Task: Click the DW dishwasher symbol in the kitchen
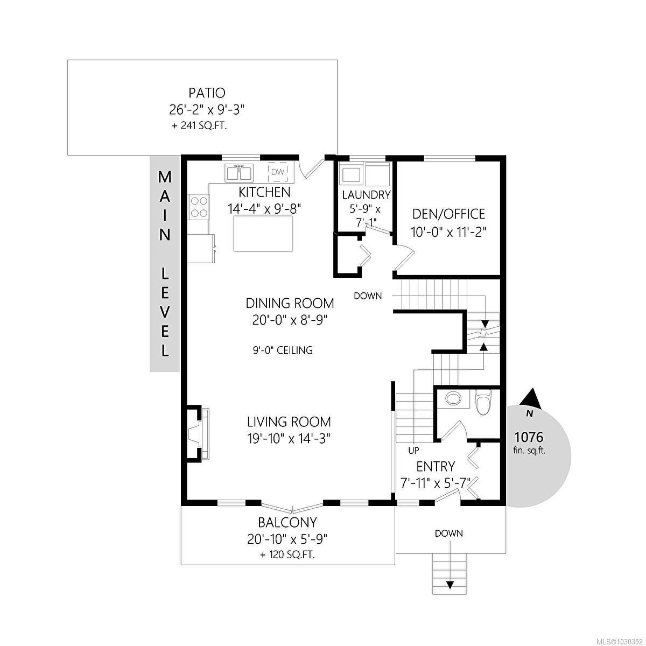coord(277,172)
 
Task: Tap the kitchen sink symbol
coord(238,173)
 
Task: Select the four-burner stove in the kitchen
coord(199,206)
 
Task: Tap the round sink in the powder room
coord(454,399)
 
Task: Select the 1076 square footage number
coord(529,437)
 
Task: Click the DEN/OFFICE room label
coord(448,214)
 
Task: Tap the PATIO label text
coord(207,93)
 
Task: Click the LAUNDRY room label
coord(366,194)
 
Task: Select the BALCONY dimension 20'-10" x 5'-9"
coord(288,538)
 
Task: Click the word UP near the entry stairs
coord(413,450)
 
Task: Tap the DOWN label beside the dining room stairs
coord(368,296)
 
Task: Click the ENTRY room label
coord(436,466)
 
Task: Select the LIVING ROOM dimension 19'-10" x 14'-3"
coord(289,439)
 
